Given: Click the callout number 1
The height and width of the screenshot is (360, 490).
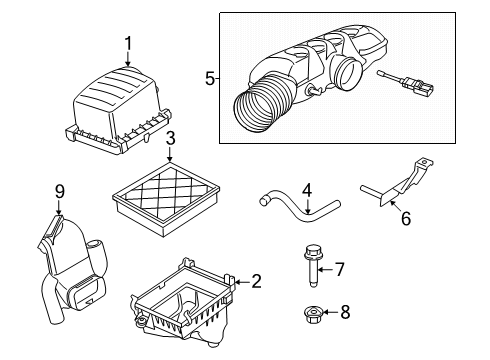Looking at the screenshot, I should (128, 42).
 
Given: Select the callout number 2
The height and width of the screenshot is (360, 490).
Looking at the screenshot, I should (256, 282).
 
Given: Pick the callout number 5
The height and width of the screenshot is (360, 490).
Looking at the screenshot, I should (209, 76).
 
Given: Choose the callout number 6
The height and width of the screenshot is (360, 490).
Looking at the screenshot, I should (406, 218).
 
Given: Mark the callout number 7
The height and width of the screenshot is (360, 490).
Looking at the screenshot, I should (340, 268).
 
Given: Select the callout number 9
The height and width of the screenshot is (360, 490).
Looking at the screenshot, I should (59, 190).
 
